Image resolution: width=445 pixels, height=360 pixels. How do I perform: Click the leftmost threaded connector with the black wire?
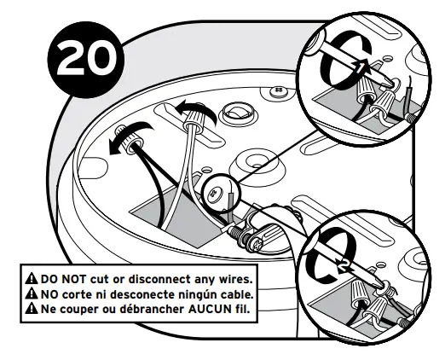pos(130,135)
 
